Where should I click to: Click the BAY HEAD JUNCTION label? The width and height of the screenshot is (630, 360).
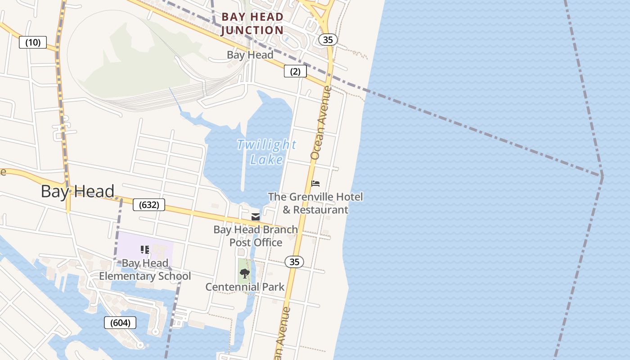coord(252,24)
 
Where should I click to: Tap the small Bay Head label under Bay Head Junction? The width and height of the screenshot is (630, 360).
coord(250,55)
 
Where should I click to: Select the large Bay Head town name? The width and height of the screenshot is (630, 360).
coord(77,191)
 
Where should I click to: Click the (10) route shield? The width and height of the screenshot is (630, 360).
coord(33,43)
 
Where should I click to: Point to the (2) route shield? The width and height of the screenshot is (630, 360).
coord(295,71)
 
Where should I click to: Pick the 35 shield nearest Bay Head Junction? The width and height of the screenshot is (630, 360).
coord(328,40)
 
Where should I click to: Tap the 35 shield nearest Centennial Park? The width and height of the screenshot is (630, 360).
coord(294,262)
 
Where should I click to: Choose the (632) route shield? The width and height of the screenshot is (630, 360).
coord(149,205)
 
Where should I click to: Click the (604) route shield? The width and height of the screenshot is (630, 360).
coord(120,322)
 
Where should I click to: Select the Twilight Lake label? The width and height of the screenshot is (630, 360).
coord(266,152)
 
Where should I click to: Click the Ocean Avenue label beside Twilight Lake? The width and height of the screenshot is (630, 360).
coord(321,122)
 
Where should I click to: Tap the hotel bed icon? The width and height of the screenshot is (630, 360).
coord(315,184)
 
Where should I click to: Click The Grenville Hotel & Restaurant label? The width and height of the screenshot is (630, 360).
coord(315,203)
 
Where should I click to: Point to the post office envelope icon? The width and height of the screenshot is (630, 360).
coord(256,217)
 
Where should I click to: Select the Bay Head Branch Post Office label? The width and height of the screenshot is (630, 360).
coord(256,236)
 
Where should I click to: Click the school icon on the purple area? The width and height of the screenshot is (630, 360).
coord(145,250)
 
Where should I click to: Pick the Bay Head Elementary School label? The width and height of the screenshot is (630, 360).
coord(145,270)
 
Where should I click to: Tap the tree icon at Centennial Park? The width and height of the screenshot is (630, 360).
coord(245,274)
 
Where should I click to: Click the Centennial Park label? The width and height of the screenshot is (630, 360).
coord(245,287)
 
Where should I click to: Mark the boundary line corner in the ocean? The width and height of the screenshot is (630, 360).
coord(602,176)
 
